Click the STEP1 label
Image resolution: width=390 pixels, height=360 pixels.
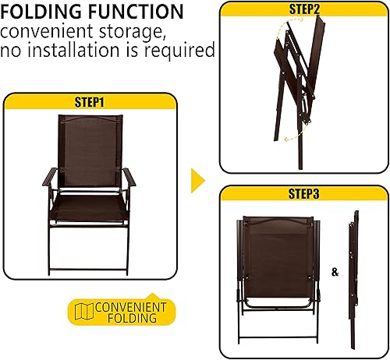(x=90, y=101)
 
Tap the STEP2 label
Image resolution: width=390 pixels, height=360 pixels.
(x=303, y=10)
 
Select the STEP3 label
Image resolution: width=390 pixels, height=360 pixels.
(x=303, y=193)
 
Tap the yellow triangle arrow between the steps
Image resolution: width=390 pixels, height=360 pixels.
(x=198, y=181)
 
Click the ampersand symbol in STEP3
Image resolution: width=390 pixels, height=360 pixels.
(x=335, y=272)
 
